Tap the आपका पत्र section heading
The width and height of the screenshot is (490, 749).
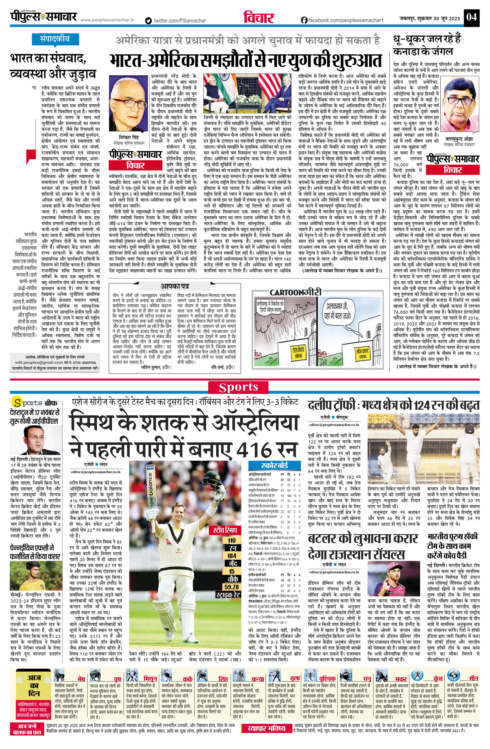pyautogui.click(x=175, y=286)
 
